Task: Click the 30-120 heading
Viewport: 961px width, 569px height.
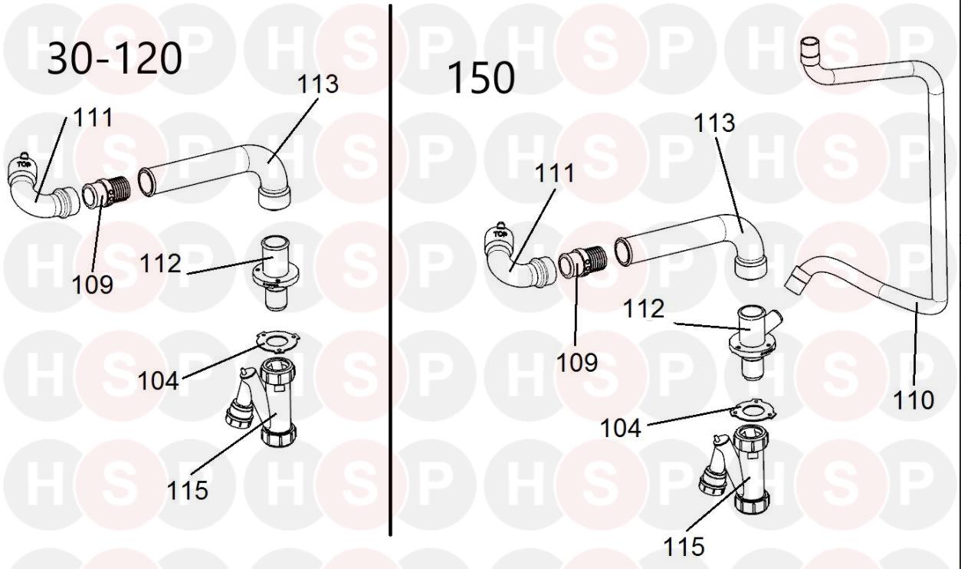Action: click(x=115, y=58)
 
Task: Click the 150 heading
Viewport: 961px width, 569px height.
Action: click(x=480, y=78)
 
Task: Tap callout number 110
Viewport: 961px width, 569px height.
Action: click(x=913, y=400)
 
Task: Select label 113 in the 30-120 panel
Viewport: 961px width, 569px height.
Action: click(x=318, y=84)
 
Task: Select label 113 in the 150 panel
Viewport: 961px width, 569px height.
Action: click(x=714, y=123)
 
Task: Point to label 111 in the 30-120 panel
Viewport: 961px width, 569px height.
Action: click(x=93, y=117)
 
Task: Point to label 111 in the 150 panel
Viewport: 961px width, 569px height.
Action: click(x=554, y=173)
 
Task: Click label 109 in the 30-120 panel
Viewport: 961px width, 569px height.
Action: click(x=93, y=284)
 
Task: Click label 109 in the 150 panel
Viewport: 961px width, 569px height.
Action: click(x=577, y=362)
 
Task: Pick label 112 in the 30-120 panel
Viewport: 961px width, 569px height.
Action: click(x=160, y=264)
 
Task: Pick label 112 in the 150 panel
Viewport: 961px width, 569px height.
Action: click(x=644, y=309)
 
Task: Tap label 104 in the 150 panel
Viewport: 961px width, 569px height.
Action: click(x=621, y=428)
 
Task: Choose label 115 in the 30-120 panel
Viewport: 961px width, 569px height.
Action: click(x=188, y=490)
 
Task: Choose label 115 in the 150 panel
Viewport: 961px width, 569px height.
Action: click(x=684, y=546)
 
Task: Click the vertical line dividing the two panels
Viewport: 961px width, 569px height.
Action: click(x=390, y=268)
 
